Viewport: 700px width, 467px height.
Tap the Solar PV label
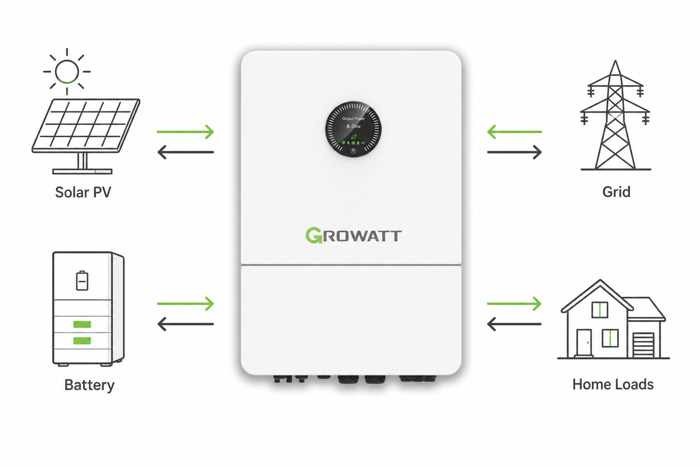tap(83, 192)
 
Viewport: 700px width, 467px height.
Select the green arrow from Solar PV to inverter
tap(185, 132)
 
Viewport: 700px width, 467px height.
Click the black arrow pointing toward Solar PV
tap(185, 152)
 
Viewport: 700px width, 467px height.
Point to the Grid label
tap(616, 192)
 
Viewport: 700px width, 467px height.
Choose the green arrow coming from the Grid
tap(515, 132)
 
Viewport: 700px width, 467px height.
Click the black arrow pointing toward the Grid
tap(515, 152)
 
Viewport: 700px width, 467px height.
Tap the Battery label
tap(89, 385)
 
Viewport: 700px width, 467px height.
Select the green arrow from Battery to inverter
tap(185, 303)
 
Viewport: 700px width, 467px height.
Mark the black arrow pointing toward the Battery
tap(185, 324)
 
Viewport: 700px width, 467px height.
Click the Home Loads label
tap(613, 384)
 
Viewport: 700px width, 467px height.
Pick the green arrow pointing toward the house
tap(515, 303)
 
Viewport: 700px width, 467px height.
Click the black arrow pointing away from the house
tap(515, 324)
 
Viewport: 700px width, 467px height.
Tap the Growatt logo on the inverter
tap(354, 235)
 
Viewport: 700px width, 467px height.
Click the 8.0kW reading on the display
tap(354, 126)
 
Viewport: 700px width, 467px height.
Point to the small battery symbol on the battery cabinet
tap(82, 280)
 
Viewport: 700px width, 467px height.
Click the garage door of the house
tap(643, 345)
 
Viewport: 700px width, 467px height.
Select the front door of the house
tap(584, 343)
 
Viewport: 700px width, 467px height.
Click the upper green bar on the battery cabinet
tap(82, 324)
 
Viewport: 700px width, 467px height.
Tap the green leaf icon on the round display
tap(354, 137)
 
